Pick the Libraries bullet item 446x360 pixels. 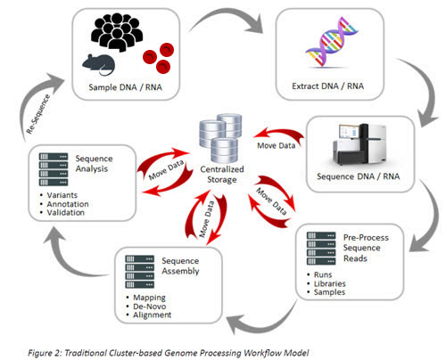(353, 283)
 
